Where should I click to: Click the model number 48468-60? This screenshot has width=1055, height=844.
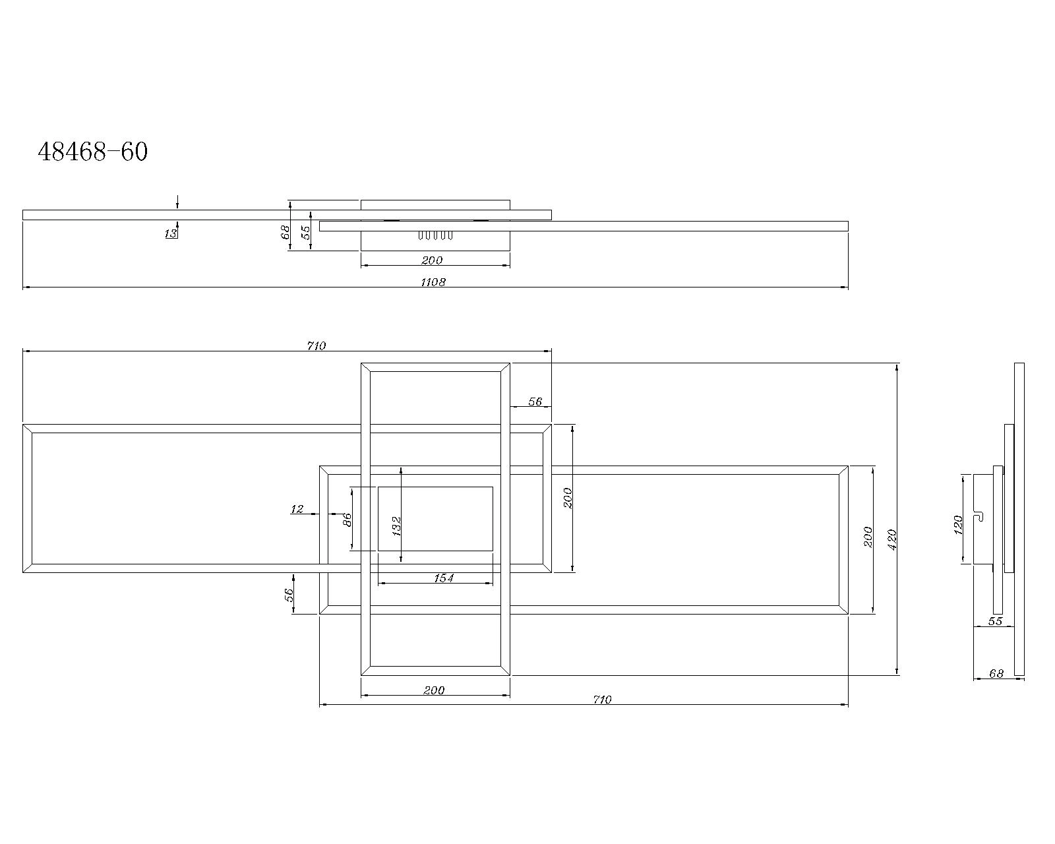93,152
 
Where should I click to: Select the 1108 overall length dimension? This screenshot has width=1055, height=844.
433,282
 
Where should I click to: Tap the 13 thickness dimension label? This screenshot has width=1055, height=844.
171,234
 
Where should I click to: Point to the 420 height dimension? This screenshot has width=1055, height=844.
892,539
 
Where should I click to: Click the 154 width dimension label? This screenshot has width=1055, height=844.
443,578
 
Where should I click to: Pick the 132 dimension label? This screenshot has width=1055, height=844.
396,526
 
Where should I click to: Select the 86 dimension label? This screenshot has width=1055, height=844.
347,520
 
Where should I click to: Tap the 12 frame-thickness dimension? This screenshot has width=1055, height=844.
297,509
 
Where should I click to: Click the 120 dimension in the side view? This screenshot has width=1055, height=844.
959,525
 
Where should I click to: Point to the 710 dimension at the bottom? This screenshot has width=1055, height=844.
602,700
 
